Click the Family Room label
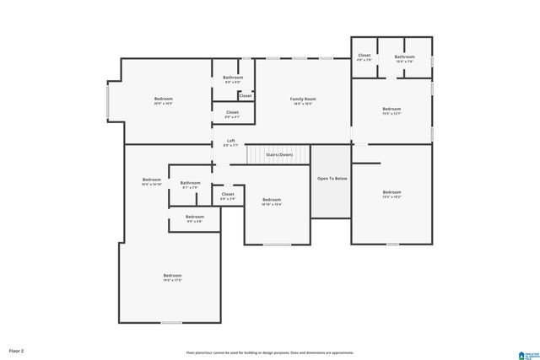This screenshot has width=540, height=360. (x=303, y=99)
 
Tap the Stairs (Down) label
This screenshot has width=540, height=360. (x=279, y=155)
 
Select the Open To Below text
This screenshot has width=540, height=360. (x=332, y=179)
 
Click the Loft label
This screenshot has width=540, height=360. (x=230, y=142)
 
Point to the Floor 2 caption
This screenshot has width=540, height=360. (x=17, y=350)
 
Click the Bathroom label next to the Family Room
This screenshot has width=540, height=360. (x=233, y=78)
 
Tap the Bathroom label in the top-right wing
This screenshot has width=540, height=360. (x=405, y=57)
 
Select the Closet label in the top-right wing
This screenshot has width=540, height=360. (x=364, y=56)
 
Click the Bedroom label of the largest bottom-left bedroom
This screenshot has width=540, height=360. (x=172, y=276)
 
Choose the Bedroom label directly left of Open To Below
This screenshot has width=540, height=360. (x=271, y=200)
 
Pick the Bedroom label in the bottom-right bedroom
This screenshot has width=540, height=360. (x=391, y=192)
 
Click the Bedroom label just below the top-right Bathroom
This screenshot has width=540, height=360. (x=391, y=109)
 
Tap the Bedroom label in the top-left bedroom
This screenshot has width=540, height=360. (x=163, y=99)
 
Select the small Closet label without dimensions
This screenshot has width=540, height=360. (x=245, y=95)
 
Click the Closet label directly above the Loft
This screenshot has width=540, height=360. (x=232, y=112)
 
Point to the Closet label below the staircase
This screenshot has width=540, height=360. (x=228, y=195)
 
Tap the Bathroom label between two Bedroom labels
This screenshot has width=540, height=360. (x=190, y=183)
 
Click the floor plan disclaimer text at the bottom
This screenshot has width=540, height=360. (x=270, y=352)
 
